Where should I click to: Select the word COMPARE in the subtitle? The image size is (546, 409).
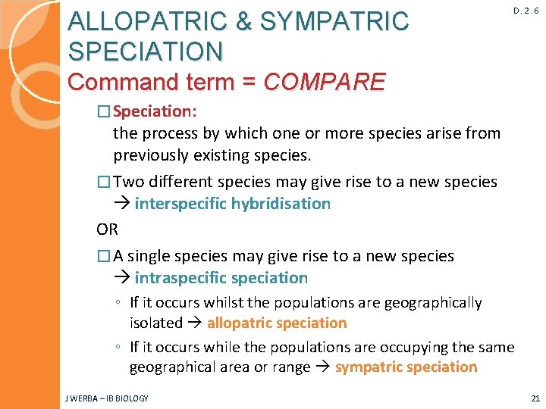click(x=324, y=81)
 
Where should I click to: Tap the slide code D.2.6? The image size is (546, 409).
click(x=526, y=11)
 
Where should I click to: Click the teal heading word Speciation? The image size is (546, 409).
click(x=155, y=111)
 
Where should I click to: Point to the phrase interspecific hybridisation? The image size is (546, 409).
click(x=233, y=204)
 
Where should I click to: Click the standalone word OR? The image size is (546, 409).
click(x=108, y=229)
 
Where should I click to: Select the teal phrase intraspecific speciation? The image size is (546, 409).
click(x=221, y=278)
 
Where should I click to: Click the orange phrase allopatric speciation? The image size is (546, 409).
click(x=277, y=323)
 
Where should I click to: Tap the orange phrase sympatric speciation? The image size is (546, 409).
click(x=406, y=367)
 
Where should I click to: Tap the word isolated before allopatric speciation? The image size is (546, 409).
click(x=155, y=323)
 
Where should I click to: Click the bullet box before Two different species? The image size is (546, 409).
click(x=104, y=183)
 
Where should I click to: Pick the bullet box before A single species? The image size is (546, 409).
click(x=104, y=257)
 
